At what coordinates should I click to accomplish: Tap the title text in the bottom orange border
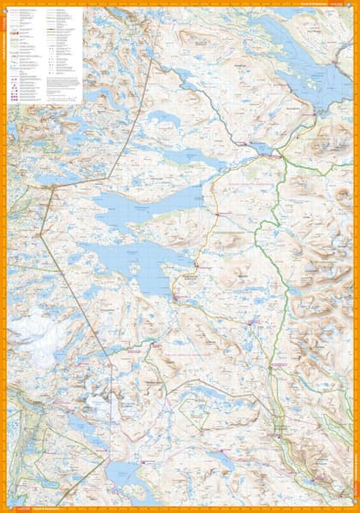point(51,508)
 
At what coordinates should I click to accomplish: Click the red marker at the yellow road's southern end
point(174,297)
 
